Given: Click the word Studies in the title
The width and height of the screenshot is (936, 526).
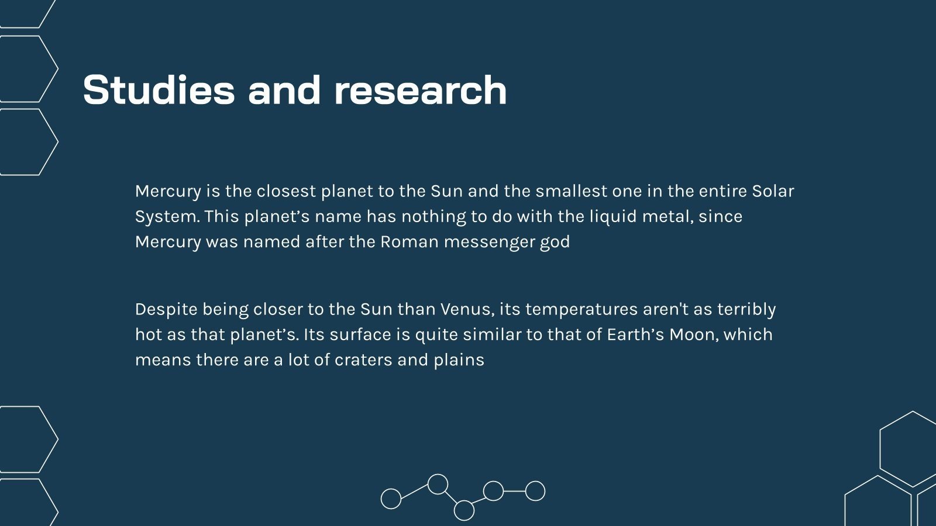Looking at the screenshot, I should (x=157, y=90).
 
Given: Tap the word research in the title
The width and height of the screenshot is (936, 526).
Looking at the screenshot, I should (x=420, y=91).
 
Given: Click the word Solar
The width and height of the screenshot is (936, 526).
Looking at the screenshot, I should (x=773, y=191).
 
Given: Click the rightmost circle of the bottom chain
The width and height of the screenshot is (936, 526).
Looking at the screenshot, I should (x=535, y=491).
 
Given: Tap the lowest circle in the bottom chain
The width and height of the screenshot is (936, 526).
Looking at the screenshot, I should (x=464, y=510).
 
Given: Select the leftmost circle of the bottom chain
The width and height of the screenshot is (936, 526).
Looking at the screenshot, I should (x=391, y=499).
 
